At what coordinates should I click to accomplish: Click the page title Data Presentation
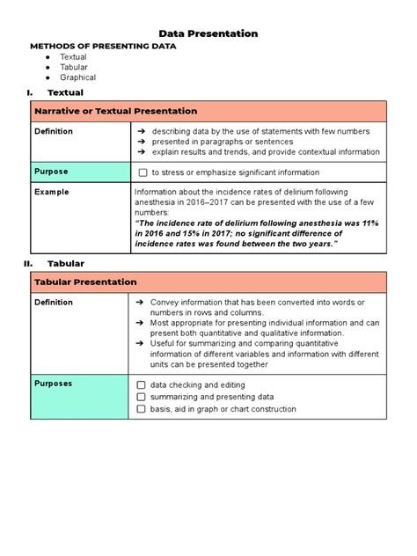(208, 33)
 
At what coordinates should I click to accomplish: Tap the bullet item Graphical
(78, 77)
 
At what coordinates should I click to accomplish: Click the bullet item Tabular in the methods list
(74, 67)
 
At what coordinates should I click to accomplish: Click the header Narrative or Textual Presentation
(115, 112)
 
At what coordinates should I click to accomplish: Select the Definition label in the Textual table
(54, 131)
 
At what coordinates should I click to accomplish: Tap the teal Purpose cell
(51, 172)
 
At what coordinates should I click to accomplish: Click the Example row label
(52, 192)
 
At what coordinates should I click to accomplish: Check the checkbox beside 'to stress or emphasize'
(143, 172)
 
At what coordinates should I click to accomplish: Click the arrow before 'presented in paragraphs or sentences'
(140, 141)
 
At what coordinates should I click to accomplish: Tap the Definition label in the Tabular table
(54, 302)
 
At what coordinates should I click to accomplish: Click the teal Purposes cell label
(54, 384)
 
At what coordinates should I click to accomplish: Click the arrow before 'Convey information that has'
(140, 302)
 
